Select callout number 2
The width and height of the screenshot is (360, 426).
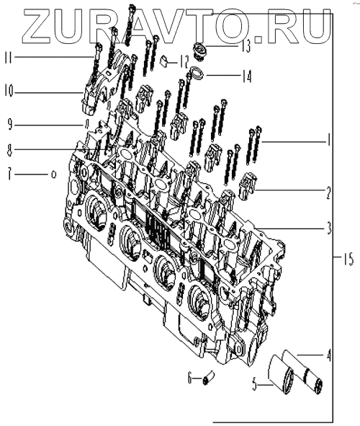click(x=328, y=193)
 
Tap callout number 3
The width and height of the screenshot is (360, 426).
click(x=329, y=228)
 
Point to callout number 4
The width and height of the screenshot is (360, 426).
click(x=328, y=355)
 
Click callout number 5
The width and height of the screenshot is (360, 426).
click(x=255, y=385)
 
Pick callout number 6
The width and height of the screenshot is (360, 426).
click(x=189, y=378)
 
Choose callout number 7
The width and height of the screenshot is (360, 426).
click(x=10, y=174)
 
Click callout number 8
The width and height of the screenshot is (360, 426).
click(x=10, y=150)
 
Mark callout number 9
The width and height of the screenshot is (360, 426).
click(x=10, y=125)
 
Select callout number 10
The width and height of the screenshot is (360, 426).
click(x=9, y=91)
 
